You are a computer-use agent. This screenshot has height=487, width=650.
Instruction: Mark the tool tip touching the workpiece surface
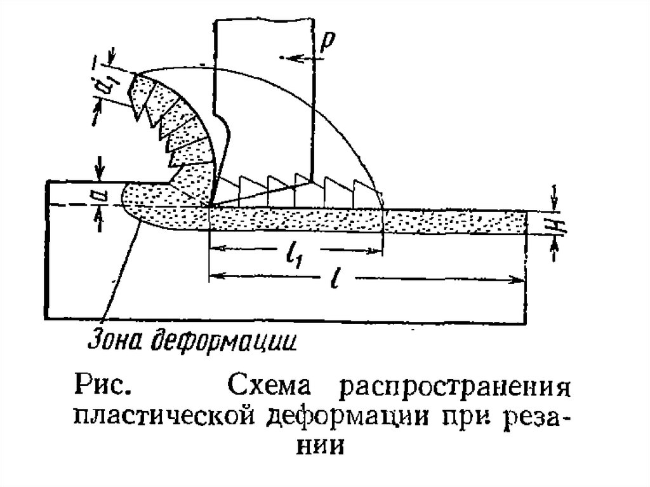[210, 206]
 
